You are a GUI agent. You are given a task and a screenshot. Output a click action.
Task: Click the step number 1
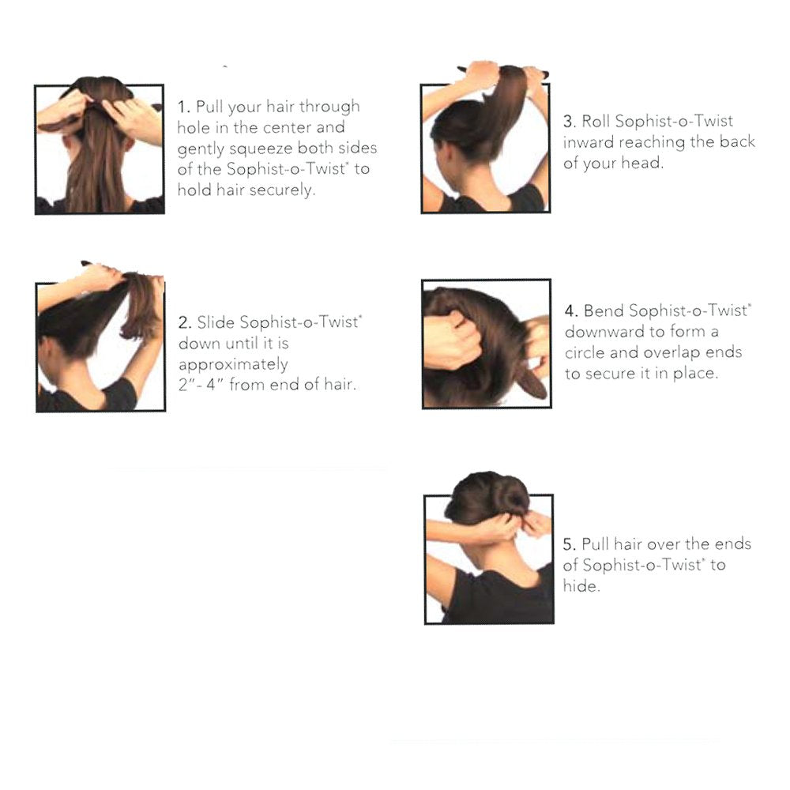coord(183,107)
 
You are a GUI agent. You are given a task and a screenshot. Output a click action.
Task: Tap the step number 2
coord(184,323)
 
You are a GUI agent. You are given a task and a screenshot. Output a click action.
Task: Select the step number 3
coord(570,122)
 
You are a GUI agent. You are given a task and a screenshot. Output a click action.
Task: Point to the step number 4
coord(571,310)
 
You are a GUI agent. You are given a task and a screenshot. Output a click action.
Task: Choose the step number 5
coord(570,544)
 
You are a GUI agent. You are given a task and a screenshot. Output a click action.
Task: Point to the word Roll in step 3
coord(596,122)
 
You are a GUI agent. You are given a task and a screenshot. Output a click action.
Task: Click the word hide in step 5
coord(581,586)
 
